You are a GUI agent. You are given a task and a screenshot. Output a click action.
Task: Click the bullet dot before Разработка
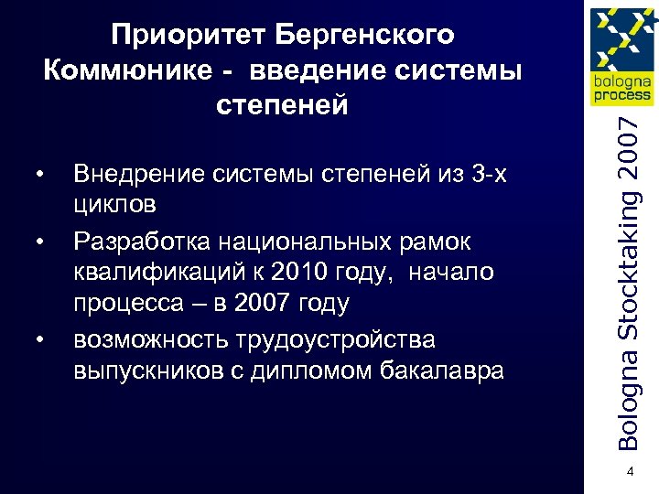(41, 242)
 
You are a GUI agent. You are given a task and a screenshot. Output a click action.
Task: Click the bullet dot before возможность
(41, 340)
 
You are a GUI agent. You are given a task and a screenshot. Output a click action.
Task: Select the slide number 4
(630, 471)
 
